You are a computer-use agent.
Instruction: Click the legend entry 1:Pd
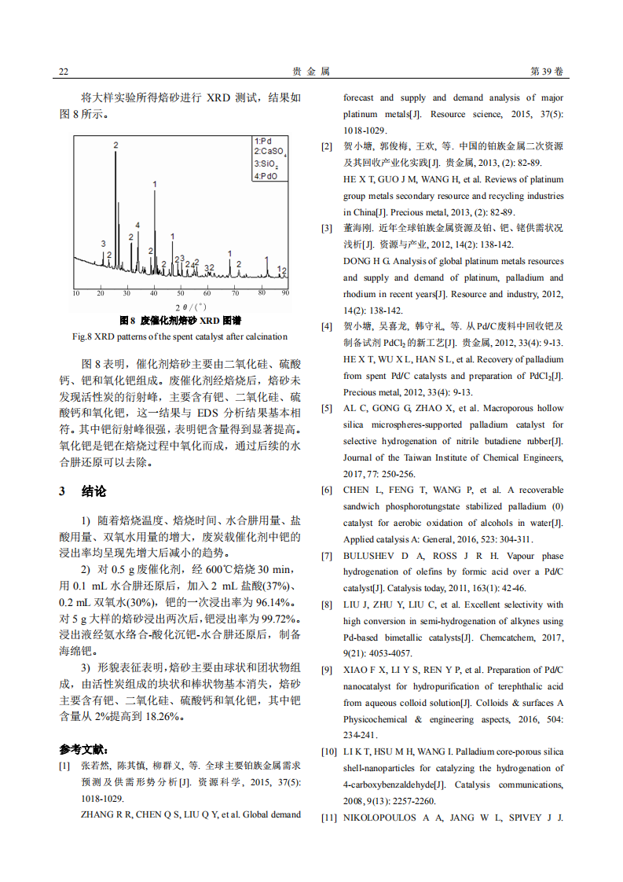264,141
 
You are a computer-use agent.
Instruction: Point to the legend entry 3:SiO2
266,164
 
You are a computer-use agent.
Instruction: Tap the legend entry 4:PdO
266,176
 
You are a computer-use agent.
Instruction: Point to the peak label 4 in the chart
137,226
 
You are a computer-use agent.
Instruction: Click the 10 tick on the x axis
75,293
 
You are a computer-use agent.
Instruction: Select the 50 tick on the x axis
181,293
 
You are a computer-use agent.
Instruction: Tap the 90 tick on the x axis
285,293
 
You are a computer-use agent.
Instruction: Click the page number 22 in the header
64,72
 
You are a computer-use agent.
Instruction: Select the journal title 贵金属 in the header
311,72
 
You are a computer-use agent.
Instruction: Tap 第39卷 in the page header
548,72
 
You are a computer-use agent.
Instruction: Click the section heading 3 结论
82,491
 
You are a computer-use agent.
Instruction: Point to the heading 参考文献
84,749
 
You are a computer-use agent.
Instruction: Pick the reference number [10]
328,752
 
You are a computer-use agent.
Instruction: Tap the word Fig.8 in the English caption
82,336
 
